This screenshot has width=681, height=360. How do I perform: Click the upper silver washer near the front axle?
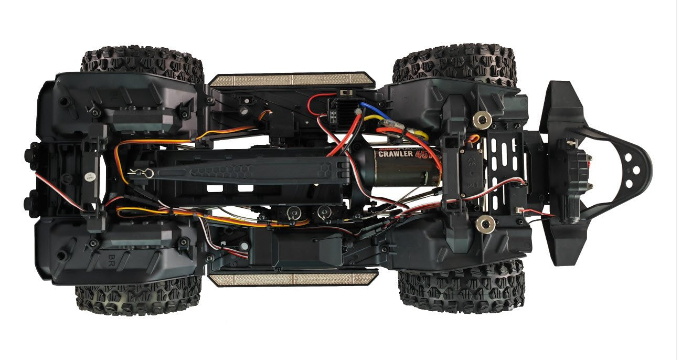(481, 120)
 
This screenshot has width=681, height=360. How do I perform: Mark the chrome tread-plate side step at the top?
(291, 80)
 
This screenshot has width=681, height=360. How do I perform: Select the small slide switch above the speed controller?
(345, 92)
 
